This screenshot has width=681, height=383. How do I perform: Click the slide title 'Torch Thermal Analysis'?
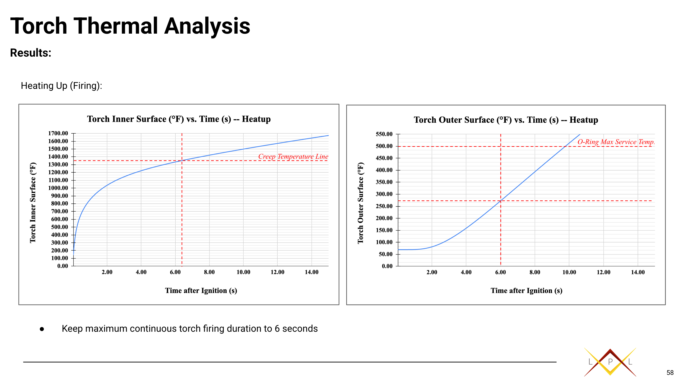coord(130,26)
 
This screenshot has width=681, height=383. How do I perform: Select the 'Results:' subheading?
coord(31,53)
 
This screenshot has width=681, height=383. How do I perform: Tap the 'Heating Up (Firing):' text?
coord(61,86)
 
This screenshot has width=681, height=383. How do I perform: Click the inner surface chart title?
coord(179,119)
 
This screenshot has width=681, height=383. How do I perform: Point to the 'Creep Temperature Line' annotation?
coord(293,156)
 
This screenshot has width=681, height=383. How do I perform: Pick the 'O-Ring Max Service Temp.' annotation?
coord(616,142)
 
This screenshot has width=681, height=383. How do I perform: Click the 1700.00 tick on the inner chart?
coord(58,133)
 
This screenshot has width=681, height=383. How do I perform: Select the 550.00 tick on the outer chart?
coord(384,134)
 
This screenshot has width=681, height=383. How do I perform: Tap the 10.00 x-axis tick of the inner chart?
coord(243,272)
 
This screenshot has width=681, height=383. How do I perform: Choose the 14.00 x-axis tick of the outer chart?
coord(638,272)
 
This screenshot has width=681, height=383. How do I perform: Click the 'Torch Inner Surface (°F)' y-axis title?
coord(33,203)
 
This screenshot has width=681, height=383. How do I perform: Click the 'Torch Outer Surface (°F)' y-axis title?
coord(361,203)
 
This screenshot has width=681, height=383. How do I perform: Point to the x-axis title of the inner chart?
coord(201,291)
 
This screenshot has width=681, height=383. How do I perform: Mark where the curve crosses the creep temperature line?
coord(182,160)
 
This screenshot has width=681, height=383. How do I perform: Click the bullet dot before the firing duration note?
coord(42,329)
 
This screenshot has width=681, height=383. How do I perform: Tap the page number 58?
coord(670,373)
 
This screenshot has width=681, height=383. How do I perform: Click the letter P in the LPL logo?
coord(610,362)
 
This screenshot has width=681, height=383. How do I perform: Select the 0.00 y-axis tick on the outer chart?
coord(387,266)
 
